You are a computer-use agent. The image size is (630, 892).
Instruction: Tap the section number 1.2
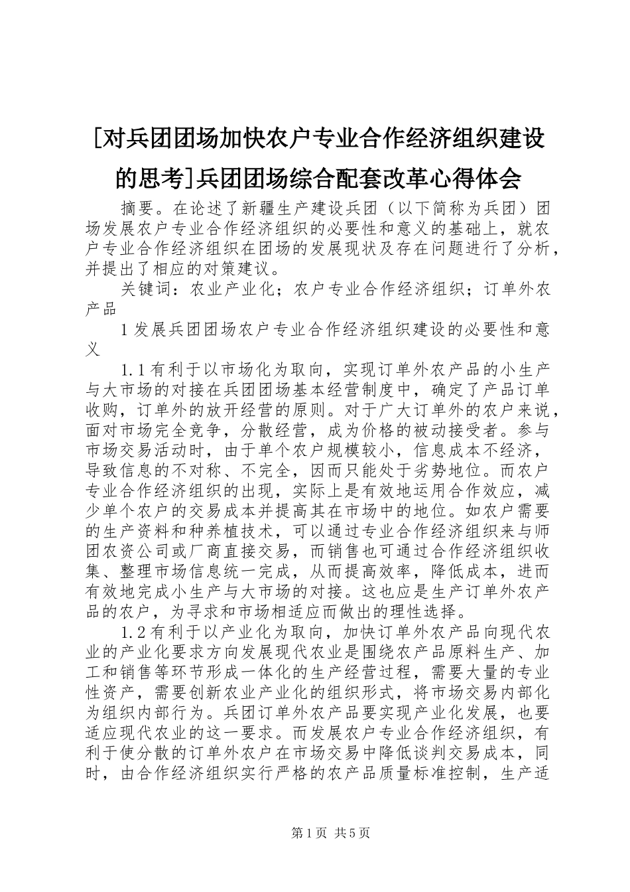(x=135, y=631)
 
